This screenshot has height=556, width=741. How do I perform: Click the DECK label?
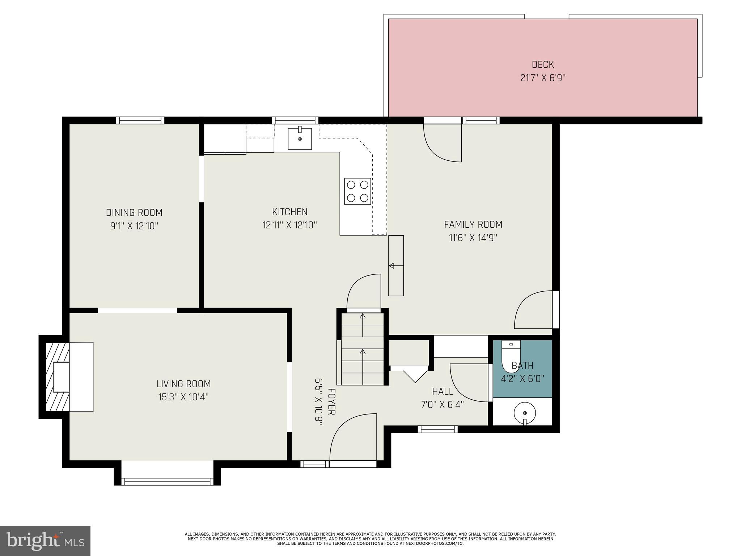pyautogui.click(x=543, y=64)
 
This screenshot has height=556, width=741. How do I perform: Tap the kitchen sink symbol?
pyautogui.click(x=300, y=139)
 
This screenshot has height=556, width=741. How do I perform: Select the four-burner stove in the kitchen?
pyautogui.click(x=357, y=191)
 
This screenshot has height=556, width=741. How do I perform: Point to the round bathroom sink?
pyautogui.click(x=525, y=413)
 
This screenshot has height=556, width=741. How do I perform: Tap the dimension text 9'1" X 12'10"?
pyautogui.click(x=134, y=226)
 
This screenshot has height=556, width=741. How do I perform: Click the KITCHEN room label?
pyautogui.click(x=290, y=212)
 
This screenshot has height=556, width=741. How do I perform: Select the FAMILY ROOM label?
pyautogui.click(x=473, y=224)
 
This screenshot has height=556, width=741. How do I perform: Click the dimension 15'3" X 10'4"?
pyautogui.click(x=183, y=397)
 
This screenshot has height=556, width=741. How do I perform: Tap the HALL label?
pyautogui.click(x=443, y=391)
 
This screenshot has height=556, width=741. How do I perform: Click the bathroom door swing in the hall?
pyautogui.click(x=469, y=383)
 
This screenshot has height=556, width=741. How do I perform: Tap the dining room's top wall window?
pyautogui.click(x=140, y=120)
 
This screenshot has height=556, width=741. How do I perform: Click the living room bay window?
pyautogui.click(x=167, y=481)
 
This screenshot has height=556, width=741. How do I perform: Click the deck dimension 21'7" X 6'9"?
pyautogui.click(x=543, y=78)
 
